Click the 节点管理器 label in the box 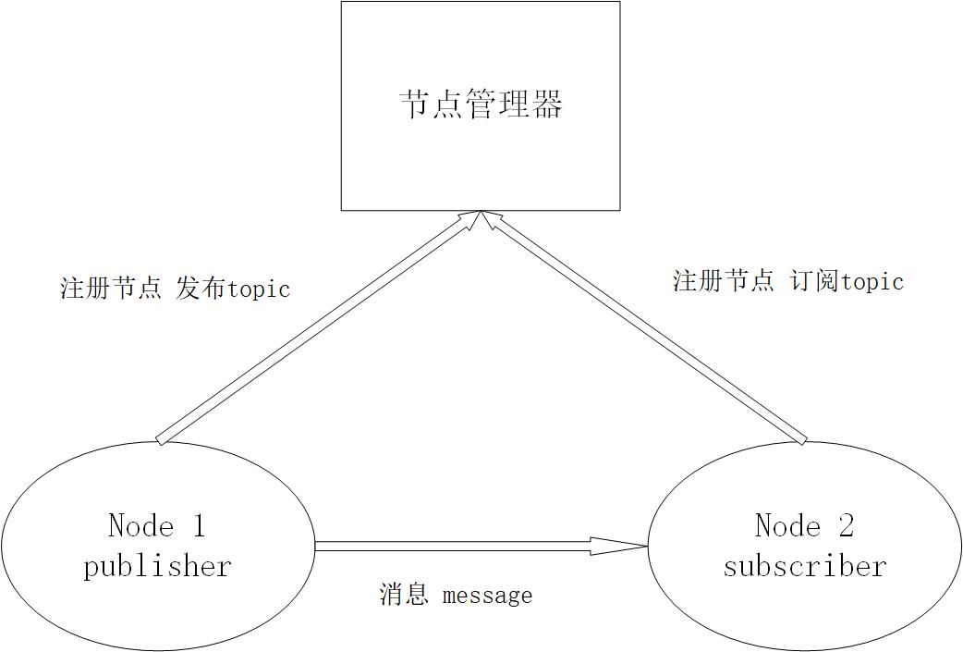coord(481,105)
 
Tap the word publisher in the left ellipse coord(157,565)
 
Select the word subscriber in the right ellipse coord(804,565)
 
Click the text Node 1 coord(156,526)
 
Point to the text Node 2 coord(804,526)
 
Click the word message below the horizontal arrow coord(487,595)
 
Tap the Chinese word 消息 coord(403,594)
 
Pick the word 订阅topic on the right coord(847,281)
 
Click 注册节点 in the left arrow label coord(110,289)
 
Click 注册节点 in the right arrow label coord(723,281)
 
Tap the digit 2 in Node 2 coord(845,526)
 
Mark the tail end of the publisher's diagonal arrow coord(161,439)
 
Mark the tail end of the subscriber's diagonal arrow coord(802,438)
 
